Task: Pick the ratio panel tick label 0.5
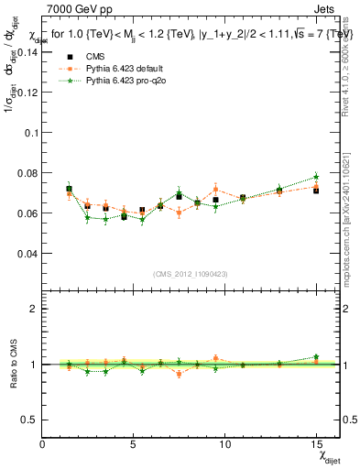tap(30, 420)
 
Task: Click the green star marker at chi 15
tap(316, 177)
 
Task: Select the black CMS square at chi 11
tap(243, 198)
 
